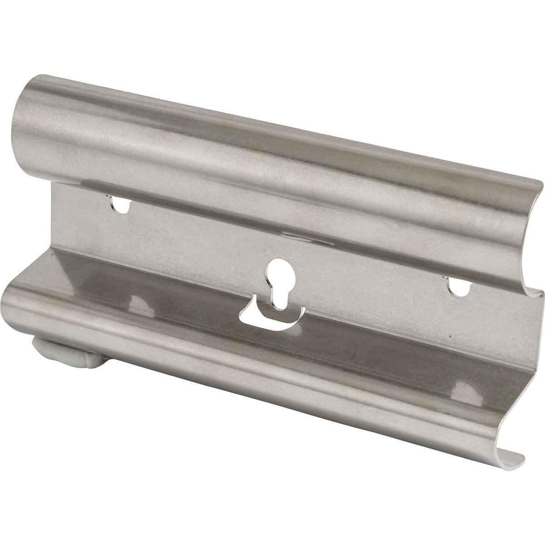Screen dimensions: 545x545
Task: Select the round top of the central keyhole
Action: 277,271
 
